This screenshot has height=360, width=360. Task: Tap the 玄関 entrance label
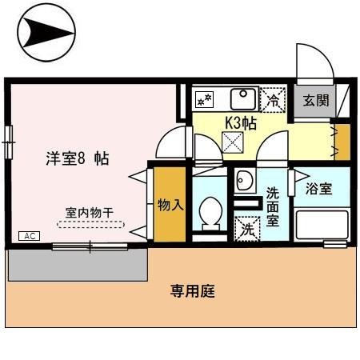point(317,100)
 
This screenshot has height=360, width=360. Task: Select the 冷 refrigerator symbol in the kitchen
point(274,100)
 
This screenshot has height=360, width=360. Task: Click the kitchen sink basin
point(241,99)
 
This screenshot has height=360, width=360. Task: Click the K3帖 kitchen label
point(239,123)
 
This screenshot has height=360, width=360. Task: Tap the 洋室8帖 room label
point(77,158)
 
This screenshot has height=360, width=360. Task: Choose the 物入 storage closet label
point(170,204)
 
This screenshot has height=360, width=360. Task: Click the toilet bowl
point(211,213)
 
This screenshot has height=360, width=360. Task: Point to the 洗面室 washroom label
point(272,206)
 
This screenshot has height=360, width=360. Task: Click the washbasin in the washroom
point(245,181)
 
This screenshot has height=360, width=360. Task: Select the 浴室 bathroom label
point(319,190)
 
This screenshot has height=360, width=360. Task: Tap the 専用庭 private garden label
point(193,291)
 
